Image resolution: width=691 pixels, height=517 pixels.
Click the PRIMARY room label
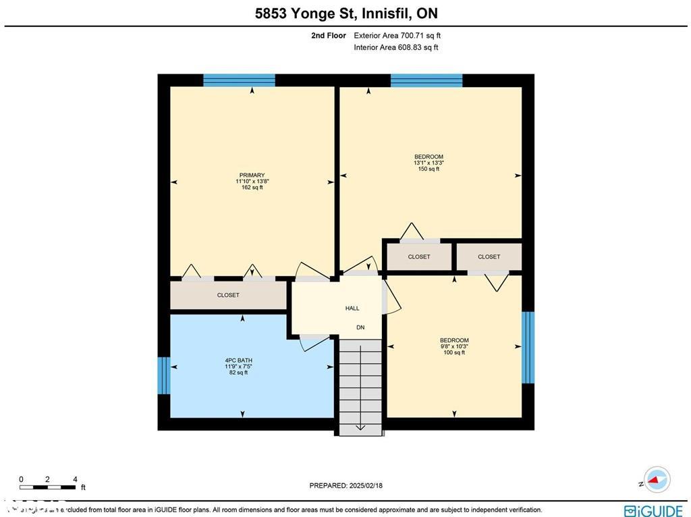(252, 175)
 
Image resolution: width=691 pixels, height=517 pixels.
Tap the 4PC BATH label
(239, 360)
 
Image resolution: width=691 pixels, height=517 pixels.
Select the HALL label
(352, 308)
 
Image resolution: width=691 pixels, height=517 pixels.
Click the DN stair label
(361, 327)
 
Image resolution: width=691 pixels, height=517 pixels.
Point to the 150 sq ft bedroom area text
(429, 169)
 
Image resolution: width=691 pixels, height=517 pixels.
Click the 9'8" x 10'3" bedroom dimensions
(454, 346)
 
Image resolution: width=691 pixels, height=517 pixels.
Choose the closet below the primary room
(228, 295)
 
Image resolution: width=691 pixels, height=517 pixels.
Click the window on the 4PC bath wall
(163, 375)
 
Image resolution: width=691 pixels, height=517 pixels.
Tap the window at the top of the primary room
(239, 80)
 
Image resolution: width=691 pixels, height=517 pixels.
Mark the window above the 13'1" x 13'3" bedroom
(426, 80)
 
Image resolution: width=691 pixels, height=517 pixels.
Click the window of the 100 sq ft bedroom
(528, 348)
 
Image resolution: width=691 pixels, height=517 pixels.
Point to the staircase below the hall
(360, 386)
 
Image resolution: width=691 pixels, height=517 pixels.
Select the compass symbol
(655, 480)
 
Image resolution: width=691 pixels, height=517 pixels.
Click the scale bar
(48, 486)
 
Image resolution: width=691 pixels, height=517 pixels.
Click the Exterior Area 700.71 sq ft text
(397, 36)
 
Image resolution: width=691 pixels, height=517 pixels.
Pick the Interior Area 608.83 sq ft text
(395, 47)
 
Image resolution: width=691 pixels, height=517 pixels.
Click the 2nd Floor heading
(329, 36)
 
